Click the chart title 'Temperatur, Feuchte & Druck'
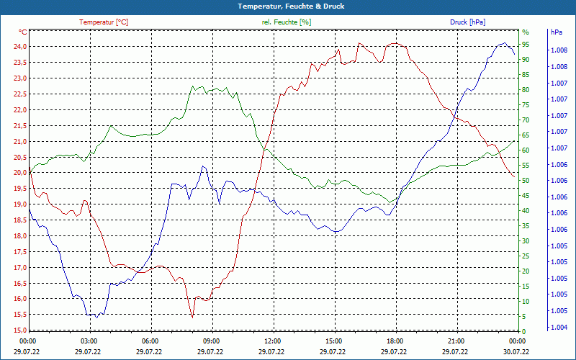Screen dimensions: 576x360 click(291, 6)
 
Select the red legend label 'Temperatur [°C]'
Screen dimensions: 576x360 click(104, 22)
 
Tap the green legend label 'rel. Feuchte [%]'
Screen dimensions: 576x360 click(287, 22)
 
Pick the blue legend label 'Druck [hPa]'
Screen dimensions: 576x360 click(467, 22)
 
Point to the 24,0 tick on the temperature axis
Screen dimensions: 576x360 click(20, 47)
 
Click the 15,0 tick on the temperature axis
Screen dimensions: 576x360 click(20, 330)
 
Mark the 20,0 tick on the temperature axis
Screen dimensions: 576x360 click(20, 173)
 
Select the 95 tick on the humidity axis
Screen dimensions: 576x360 click(526, 45)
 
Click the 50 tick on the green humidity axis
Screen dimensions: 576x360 click(526, 181)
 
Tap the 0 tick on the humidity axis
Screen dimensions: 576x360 click(524, 332)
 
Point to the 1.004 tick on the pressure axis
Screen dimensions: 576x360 click(559, 327)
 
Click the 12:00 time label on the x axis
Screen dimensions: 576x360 click(273, 341)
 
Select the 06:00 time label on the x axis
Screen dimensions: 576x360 click(150, 341)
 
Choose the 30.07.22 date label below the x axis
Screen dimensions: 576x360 click(516, 351)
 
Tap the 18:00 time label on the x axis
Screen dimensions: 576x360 click(395, 341)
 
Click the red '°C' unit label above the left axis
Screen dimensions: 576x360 click(23, 32)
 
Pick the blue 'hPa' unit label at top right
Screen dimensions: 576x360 click(557, 32)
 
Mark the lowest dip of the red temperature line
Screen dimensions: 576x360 click(192, 318)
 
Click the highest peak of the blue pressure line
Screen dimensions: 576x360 click(505, 43)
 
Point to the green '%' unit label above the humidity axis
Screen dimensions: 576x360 click(526, 32)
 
